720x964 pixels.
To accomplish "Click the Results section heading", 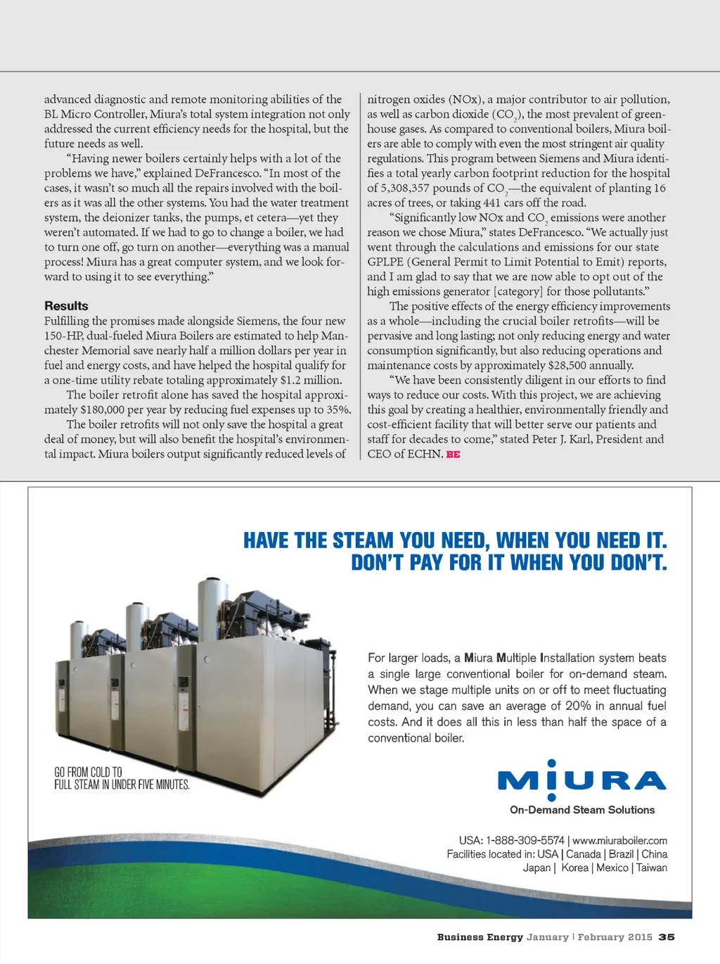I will pos(66,306).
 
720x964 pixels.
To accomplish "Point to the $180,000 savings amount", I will pos(103,410).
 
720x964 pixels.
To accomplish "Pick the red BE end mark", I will pos(454,455).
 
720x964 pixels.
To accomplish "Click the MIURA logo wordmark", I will pos(581,780).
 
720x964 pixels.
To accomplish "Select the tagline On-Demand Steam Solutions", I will pos(582,810).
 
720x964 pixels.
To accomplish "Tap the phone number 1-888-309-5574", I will pos(525,840).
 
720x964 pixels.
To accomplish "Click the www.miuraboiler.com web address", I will pos(619,840).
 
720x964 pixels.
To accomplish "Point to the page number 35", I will pos(667,937).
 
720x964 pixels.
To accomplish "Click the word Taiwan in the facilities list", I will pos(652,868).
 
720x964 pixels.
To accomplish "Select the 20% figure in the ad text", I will pos(578,706).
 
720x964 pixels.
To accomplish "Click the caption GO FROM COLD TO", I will pos(89,772).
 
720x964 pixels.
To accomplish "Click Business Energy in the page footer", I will pos(480,937).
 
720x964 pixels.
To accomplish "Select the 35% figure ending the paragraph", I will pos(338,410).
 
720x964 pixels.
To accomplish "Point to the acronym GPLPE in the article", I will pos(385,262).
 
